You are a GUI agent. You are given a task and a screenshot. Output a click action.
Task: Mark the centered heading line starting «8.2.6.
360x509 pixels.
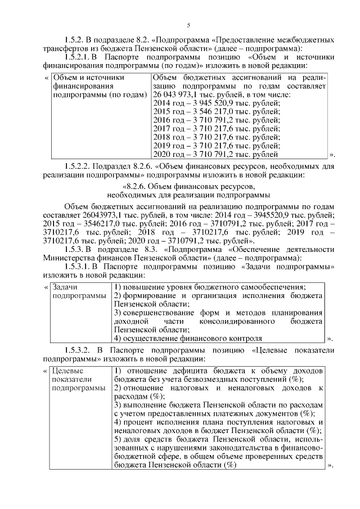coord(188,187)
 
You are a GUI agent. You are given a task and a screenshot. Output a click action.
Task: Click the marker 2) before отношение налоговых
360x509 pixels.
coord(118,389)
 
